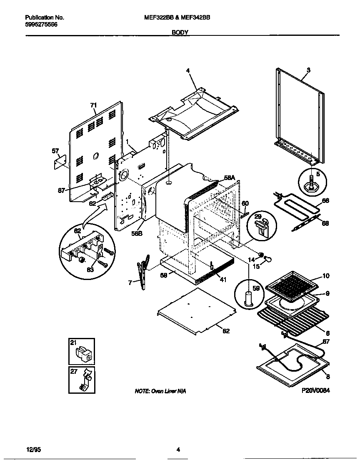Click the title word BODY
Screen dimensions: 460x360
pos(180,32)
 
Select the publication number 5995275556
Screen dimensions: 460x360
pos(41,25)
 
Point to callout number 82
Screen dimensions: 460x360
pos(226,331)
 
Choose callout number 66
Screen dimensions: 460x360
pos(325,200)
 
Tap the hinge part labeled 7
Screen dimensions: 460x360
pos(142,273)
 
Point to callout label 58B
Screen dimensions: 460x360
pos(137,233)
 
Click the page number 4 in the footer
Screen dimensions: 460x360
pos(178,450)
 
